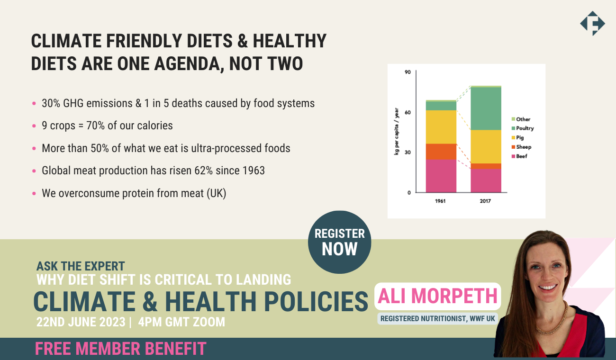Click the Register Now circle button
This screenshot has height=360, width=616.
point(339,242)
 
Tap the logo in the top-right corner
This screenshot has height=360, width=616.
point(592,23)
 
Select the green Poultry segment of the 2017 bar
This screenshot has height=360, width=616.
point(485,108)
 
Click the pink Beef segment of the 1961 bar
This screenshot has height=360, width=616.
point(441,176)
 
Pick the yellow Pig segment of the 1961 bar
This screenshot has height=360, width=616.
point(441,127)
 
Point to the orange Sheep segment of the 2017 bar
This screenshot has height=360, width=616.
point(485,166)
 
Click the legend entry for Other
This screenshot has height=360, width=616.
point(523,119)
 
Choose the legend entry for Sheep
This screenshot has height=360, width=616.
point(523,147)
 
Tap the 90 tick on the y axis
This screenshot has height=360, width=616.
point(408,72)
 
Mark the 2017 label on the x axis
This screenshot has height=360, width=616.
point(485,201)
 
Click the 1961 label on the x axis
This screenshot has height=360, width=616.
point(441,201)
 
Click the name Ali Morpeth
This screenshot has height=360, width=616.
point(437,296)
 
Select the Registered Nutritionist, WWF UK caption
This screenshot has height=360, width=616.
point(437,318)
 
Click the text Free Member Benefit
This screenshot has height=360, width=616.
point(121,349)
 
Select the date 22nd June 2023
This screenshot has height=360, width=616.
point(81,322)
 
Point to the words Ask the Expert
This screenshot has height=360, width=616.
point(81,266)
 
